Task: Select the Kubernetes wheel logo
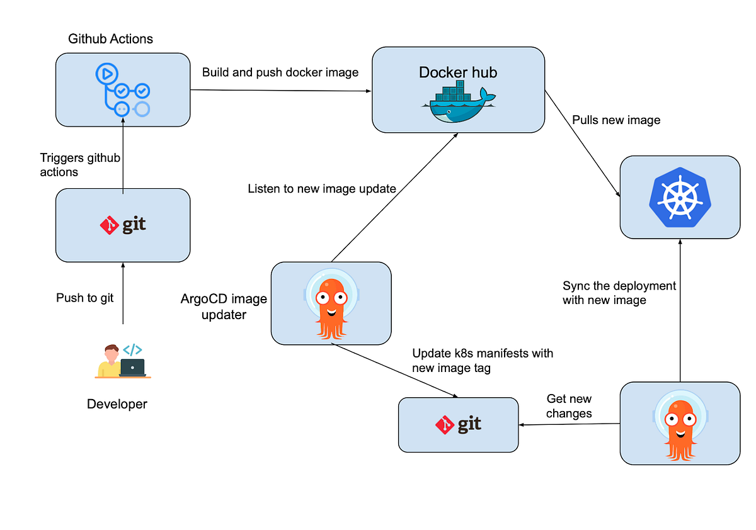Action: (679, 197)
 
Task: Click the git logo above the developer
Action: (123, 225)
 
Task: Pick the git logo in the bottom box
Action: (458, 425)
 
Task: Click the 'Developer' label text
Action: (117, 404)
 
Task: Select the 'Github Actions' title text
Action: (110, 39)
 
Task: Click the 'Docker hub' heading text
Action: (458, 72)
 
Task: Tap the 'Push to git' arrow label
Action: (85, 298)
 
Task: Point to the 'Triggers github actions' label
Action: (80, 165)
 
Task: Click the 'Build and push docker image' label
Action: (280, 72)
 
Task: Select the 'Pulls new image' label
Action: (616, 120)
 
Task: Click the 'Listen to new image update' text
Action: (322, 188)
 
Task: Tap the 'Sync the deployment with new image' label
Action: (619, 293)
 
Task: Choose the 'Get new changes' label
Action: (569, 406)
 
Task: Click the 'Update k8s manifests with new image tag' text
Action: (483, 360)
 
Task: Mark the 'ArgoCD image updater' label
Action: (224, 306)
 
